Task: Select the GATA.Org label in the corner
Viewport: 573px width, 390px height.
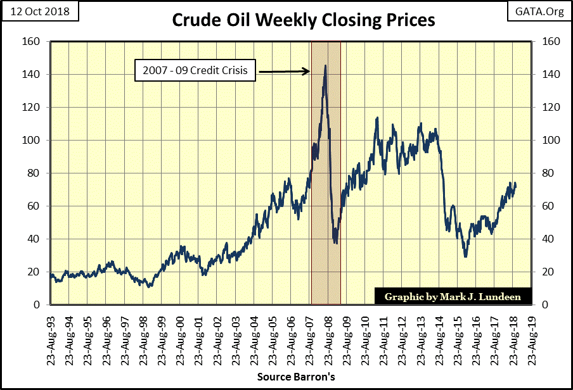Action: click(x=539, y=11)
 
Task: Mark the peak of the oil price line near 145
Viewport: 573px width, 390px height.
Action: click(x=325, y=66)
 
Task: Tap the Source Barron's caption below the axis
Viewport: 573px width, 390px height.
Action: click(x=296, y=377)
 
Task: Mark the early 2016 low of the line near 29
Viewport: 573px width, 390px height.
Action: click(x=465, y=256)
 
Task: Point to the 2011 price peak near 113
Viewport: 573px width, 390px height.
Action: click(x=378, y=118)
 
